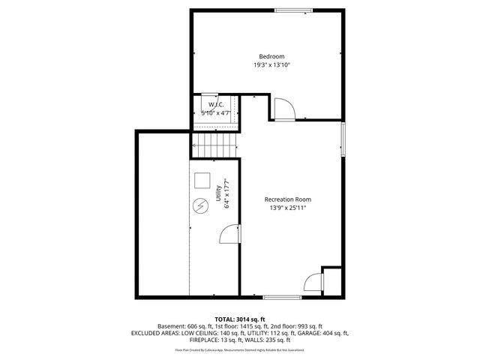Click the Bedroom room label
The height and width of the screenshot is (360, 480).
click(x=271, y=56)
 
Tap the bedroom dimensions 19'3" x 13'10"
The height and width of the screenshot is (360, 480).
click(x=271, y=65)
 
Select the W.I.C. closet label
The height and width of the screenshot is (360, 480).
click(x=207, y=104)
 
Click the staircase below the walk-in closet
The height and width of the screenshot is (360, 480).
click(x=215, y=142)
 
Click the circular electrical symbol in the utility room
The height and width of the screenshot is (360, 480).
click(x=201, y=206)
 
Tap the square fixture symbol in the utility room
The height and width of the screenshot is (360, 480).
click(x=202, y=181)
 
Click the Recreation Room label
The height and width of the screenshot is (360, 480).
click(x=287, y=199)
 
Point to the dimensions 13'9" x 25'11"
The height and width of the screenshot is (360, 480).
click(x=287, y=208)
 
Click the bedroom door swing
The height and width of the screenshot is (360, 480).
click(x=283, y=109)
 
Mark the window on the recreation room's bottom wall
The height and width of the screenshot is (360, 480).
click(x=282, y=298)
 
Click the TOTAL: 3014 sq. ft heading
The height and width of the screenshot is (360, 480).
click(x=240, y=319)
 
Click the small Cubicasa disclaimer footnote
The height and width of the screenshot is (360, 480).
click(x=240, y=349)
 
